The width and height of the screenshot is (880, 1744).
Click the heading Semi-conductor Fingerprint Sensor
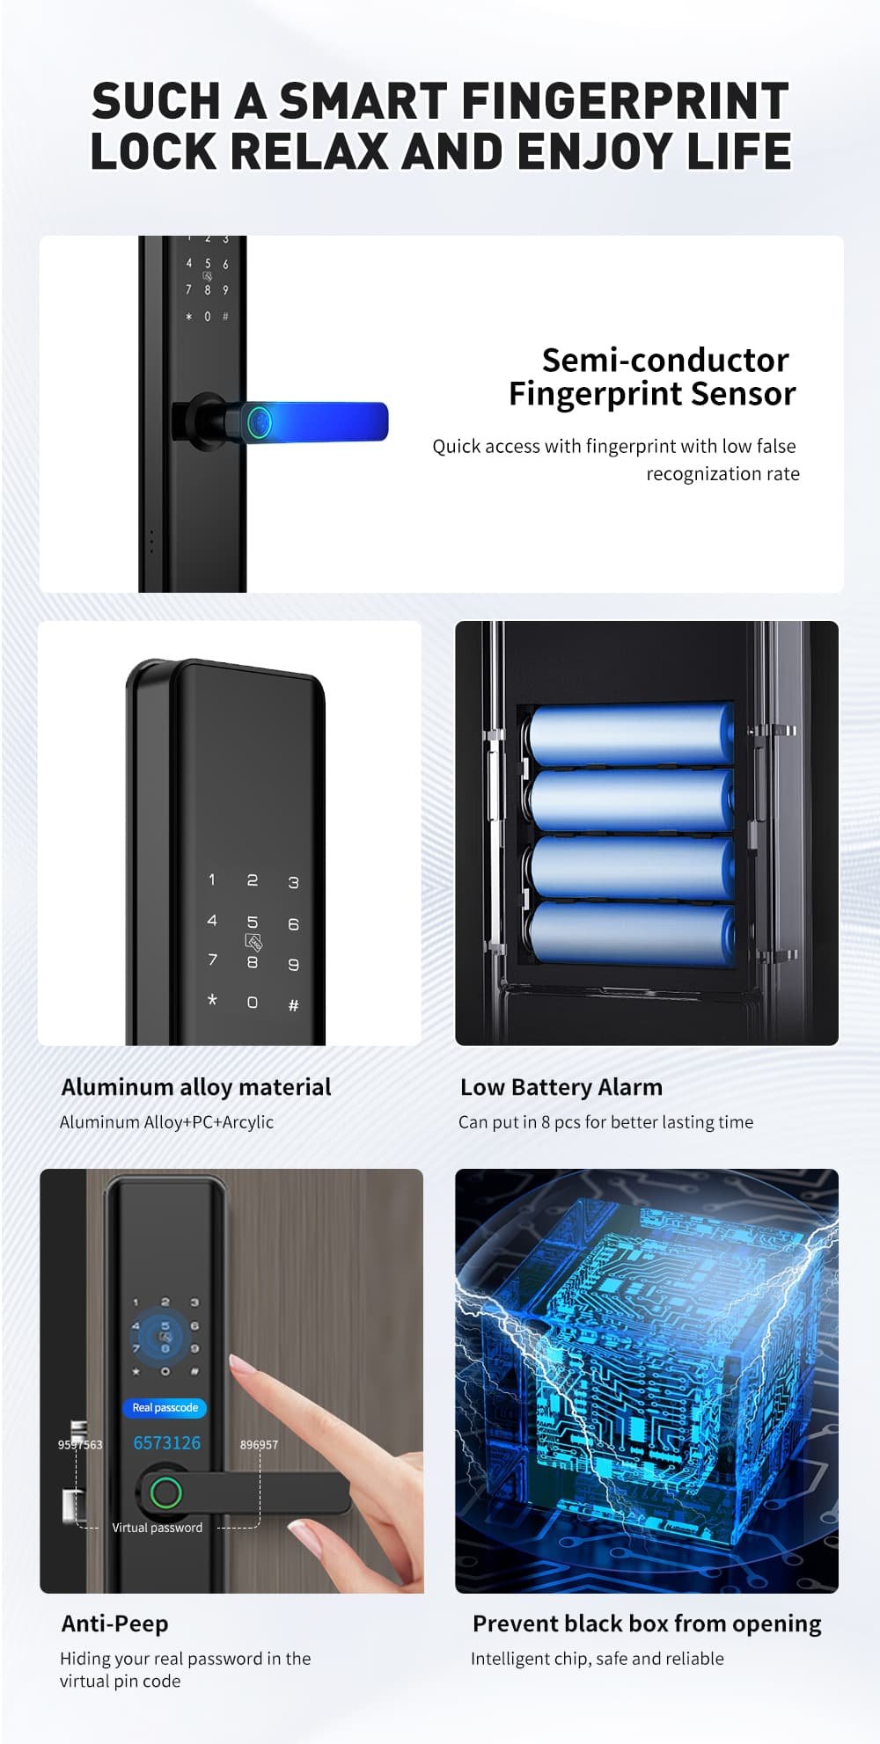pos(652,376)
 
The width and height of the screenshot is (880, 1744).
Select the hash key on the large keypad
pos(293,1005)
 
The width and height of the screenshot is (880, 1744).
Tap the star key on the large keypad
pos(212,1000)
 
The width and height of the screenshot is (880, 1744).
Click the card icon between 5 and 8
pos(253,943)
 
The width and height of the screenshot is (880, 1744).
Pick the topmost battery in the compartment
pos(631,735)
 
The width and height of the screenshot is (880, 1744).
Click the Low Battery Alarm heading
pos(561,1087)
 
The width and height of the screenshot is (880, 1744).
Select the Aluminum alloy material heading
pos(196,1087)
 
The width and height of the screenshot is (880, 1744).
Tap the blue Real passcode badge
pos(165,1408)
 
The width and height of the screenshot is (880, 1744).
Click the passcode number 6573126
pos(166,1443)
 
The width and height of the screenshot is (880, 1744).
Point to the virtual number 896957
pos(259,1444)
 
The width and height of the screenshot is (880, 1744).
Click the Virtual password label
pos(157,1528)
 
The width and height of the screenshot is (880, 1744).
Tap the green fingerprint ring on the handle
pos(165,1492)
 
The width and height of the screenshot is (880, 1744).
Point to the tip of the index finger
pos(235,1363)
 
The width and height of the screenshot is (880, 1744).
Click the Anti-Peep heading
pos(114,1624)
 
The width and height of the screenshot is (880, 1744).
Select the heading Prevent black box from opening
pos(647,1624)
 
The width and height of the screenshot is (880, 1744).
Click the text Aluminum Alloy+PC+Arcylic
pos(166,1122)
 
